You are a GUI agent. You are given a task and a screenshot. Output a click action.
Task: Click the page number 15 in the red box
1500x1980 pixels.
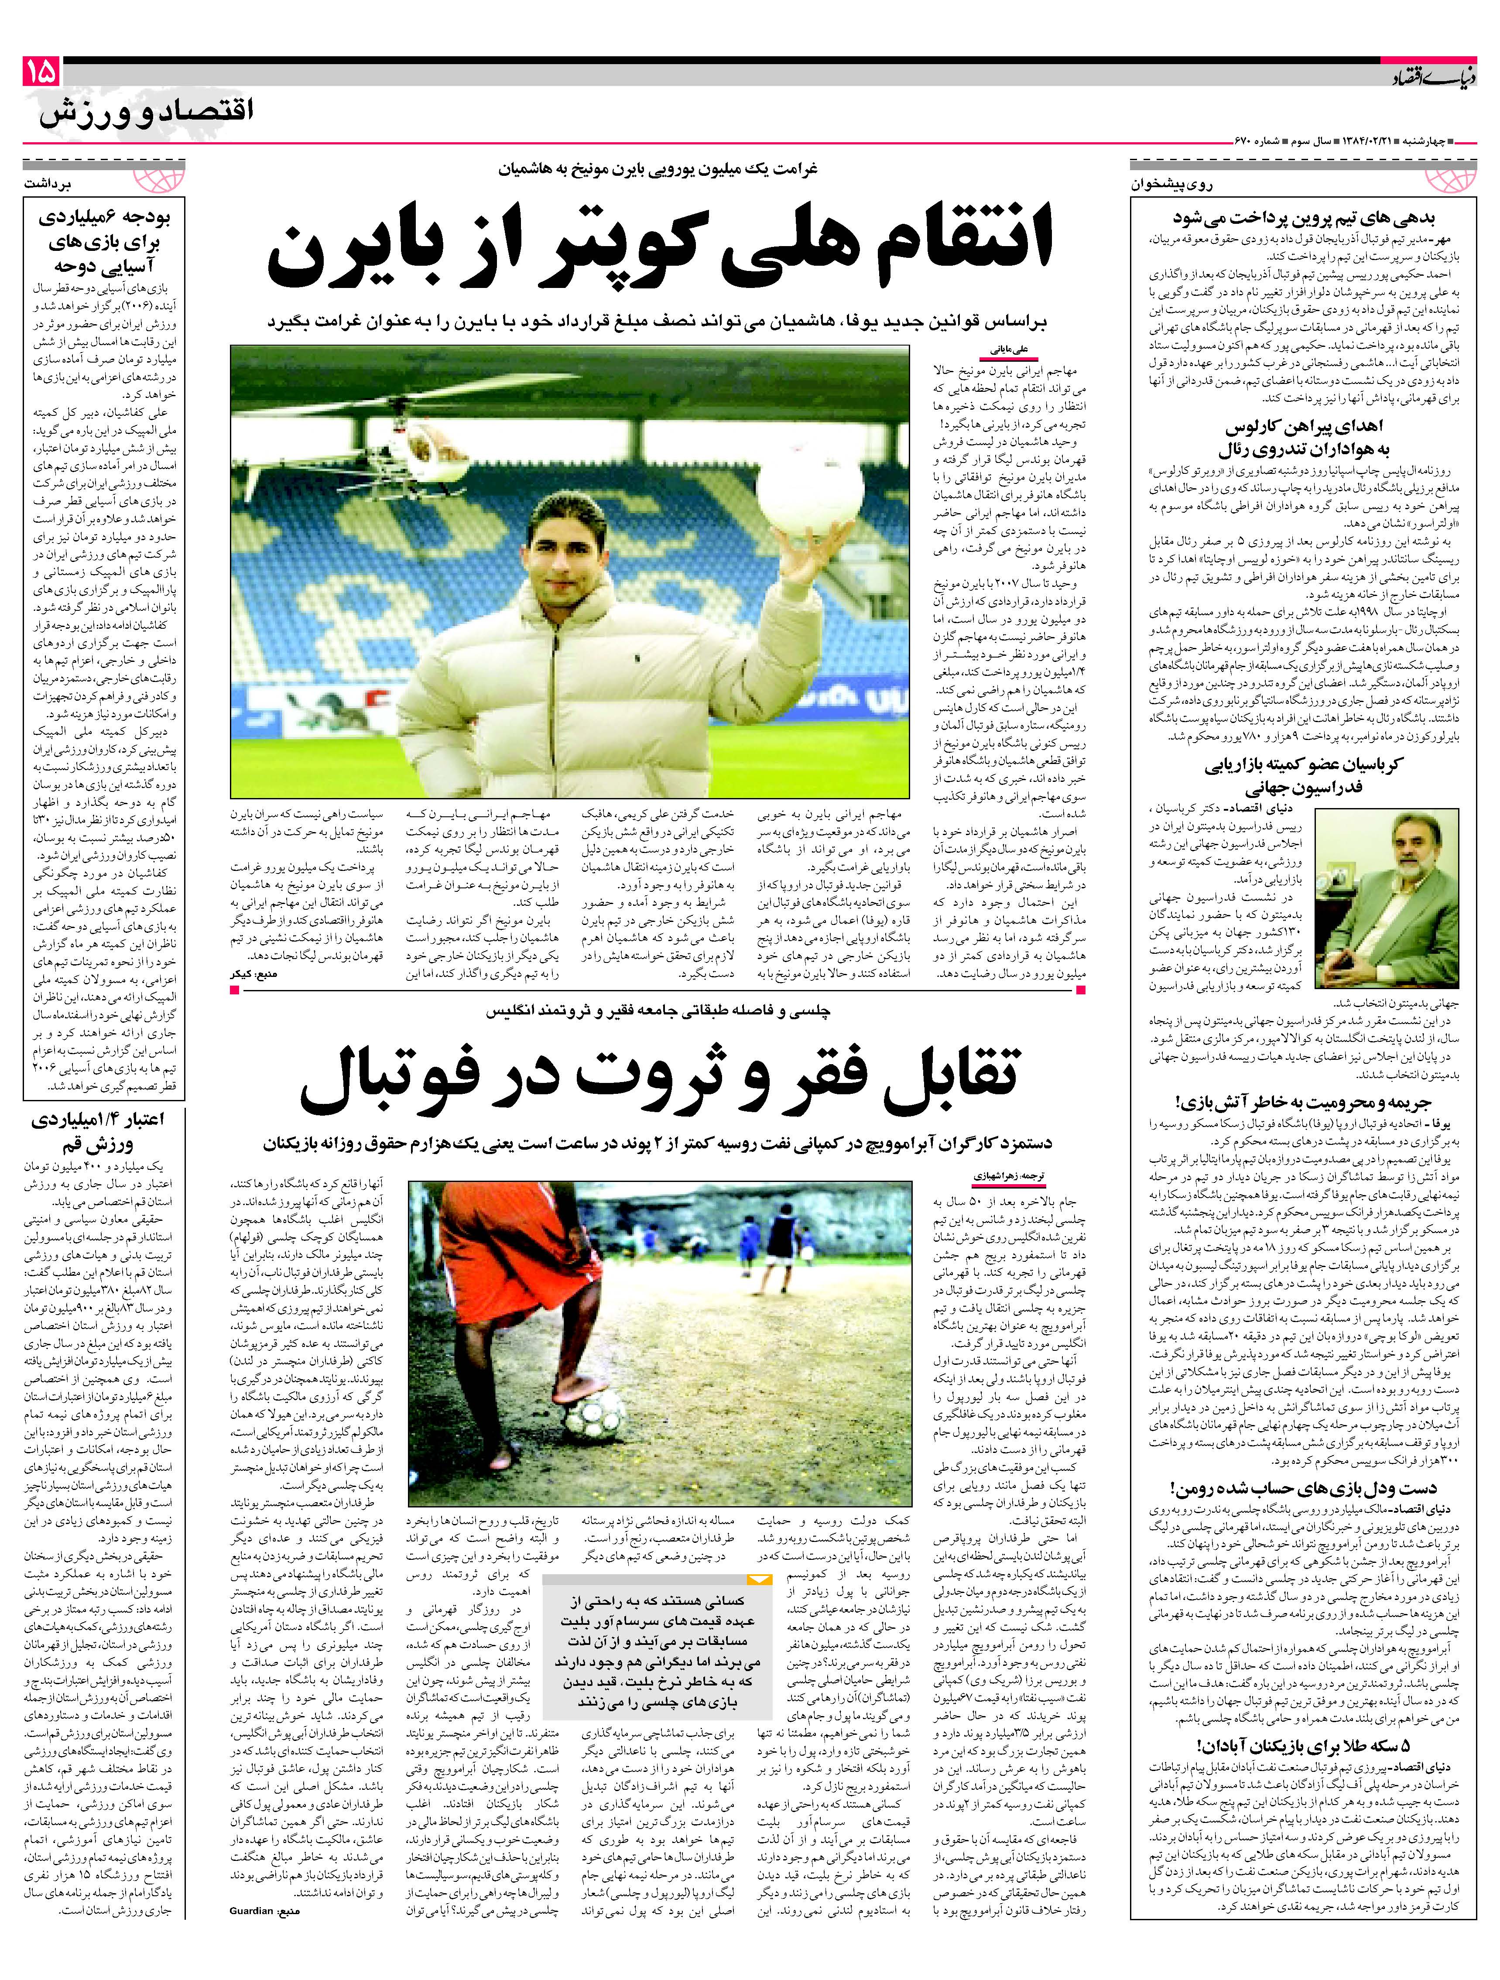click(39, 72)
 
